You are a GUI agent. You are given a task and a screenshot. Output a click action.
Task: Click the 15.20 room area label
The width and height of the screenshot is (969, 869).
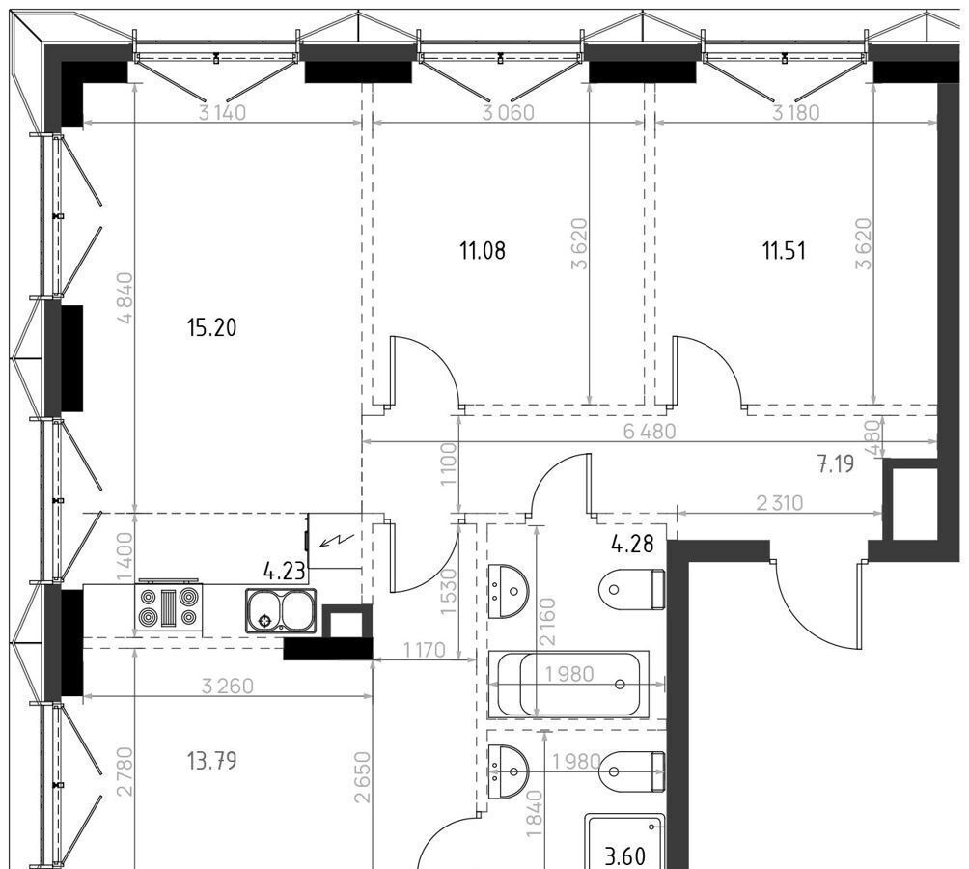212,327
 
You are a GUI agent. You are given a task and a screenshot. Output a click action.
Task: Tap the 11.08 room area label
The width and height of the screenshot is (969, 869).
483,251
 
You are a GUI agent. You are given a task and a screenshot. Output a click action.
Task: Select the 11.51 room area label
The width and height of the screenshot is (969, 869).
785,251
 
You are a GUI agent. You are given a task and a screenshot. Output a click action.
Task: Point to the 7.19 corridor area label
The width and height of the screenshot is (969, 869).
836,463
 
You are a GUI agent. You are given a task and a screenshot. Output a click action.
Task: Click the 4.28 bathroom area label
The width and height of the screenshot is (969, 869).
633,544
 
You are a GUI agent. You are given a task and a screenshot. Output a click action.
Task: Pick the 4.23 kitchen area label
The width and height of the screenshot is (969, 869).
285,571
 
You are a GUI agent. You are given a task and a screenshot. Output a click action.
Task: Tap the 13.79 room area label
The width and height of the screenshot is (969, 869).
212,761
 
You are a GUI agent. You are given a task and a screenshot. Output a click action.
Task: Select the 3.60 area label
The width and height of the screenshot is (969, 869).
625,856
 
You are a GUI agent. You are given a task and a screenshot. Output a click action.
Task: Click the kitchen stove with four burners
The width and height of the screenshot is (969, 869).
169,608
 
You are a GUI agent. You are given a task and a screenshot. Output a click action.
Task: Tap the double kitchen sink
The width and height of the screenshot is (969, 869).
281,611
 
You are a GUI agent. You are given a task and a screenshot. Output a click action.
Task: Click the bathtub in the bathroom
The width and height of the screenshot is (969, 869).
568,685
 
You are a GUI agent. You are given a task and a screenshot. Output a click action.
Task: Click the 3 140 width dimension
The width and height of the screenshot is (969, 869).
223,113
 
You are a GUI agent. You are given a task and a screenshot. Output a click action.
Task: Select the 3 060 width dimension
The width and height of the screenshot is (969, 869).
509,113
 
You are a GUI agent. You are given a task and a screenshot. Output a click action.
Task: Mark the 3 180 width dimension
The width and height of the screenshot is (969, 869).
796,113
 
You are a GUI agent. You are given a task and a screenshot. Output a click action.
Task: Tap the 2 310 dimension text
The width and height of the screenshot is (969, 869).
780,503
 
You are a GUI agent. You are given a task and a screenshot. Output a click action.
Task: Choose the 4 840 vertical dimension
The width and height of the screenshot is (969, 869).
125,298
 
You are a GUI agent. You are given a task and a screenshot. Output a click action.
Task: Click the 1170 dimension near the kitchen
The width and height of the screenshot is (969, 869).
425,650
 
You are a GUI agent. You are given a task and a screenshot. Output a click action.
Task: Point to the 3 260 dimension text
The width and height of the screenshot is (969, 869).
228,687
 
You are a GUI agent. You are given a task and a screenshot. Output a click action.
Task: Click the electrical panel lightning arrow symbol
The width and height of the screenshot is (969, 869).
336,542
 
